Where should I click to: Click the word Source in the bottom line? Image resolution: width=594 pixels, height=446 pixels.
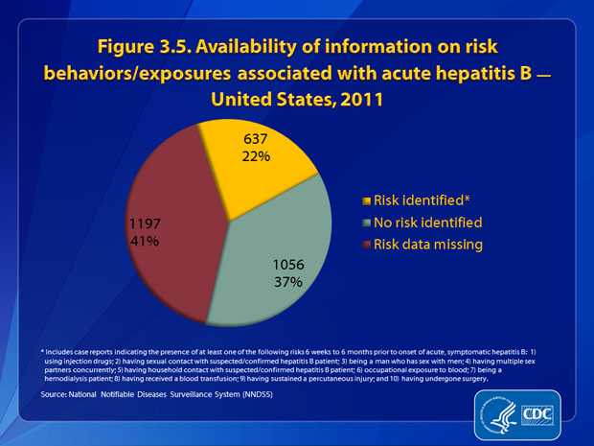click(x=55, y=394)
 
